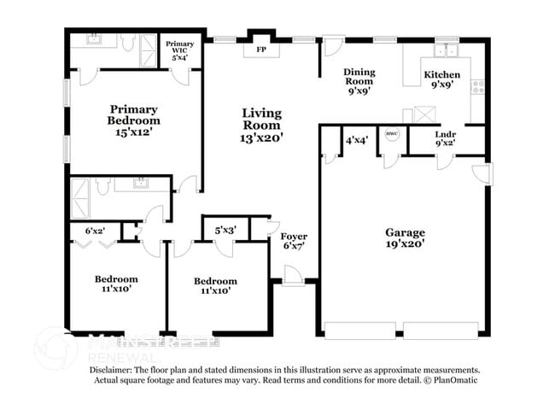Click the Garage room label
[405, 238]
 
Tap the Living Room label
[261, 125]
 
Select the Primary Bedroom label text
[134, 114]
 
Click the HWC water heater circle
[392, 134]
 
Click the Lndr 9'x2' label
[445, 138]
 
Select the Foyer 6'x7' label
[294, 241]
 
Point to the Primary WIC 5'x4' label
[180, 50]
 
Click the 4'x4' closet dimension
[357, 139]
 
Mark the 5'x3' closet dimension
[225, 230]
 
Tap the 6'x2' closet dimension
[96, 231]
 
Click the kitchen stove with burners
[478, 85]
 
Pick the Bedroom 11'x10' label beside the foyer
[215, 286]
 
